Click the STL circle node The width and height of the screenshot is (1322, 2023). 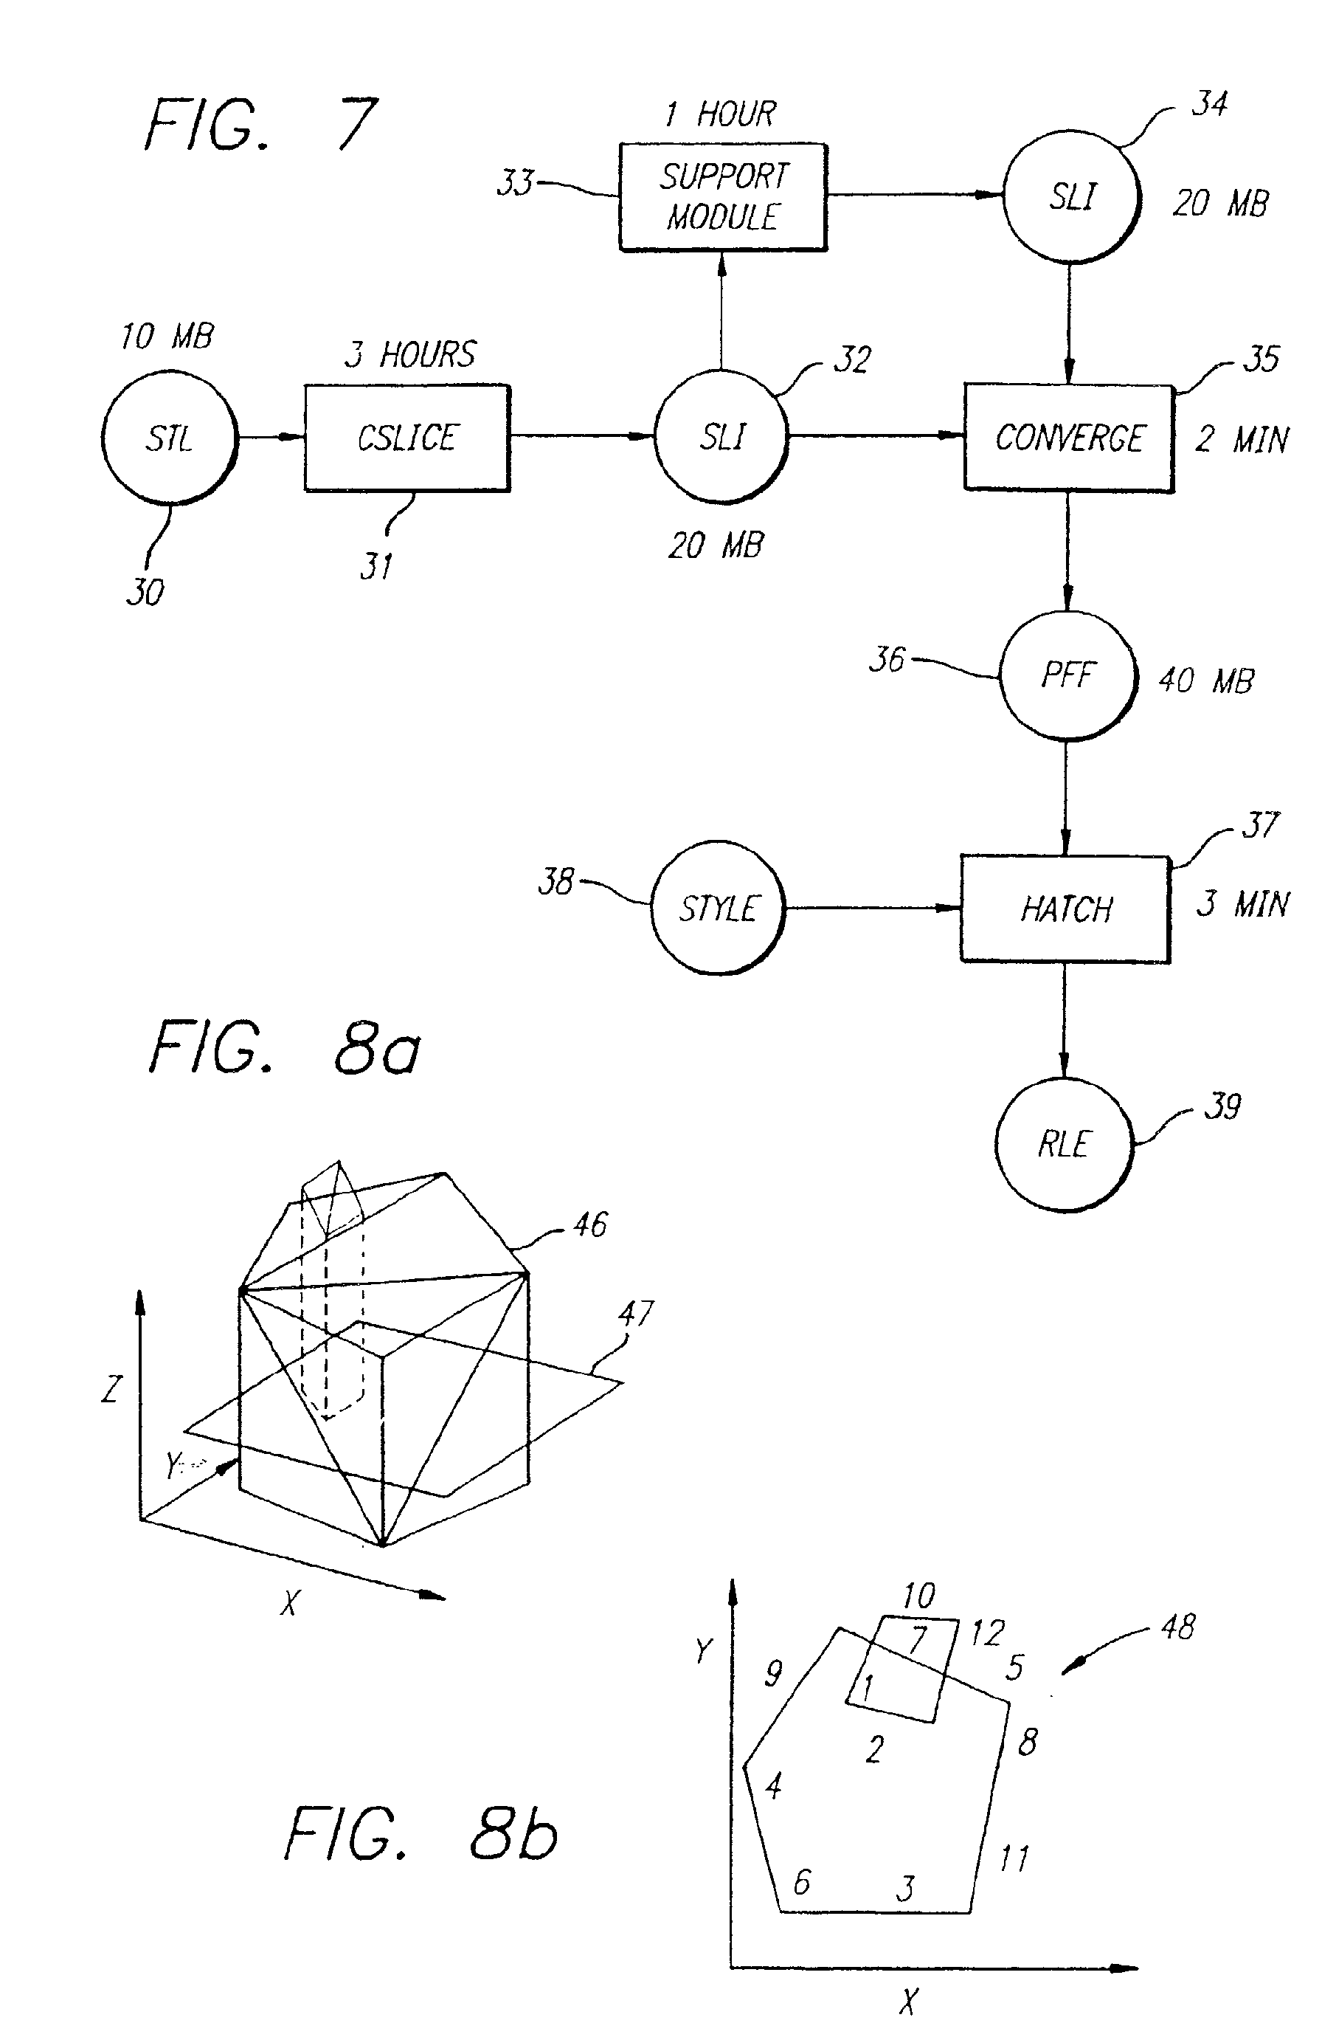[169, 437]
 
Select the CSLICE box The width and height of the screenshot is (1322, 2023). [407, 438]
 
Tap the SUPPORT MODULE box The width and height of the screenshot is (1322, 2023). [723, 197]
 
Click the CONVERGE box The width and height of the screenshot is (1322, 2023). [1068, 438]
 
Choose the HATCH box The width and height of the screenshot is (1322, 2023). [1065, 909]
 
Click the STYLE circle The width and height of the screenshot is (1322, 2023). [717, 908]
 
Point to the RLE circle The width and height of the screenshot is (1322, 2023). [1063, 1144]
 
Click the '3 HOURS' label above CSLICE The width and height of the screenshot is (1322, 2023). [410, 354]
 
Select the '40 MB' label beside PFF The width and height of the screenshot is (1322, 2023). [1206, 680]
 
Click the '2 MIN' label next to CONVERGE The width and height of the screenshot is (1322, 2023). [1242, 439]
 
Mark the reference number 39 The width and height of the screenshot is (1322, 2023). [1222, 1106]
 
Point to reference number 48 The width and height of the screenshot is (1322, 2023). [1177, 1627]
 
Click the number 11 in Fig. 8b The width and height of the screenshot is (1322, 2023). [1014, 1859]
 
